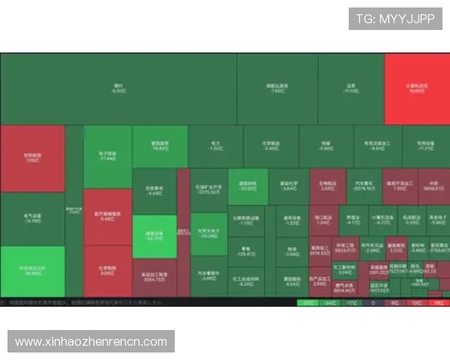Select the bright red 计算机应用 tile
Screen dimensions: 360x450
416,88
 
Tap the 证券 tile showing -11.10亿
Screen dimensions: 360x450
350,88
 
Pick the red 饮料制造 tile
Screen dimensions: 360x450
32,158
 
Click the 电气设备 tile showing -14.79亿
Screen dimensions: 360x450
32,219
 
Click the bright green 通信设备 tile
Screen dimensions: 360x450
154,236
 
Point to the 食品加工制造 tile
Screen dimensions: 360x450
154,277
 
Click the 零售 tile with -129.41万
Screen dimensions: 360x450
245,252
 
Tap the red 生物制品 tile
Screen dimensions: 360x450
327,186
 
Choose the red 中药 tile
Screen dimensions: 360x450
433,186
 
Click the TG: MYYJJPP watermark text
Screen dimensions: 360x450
395,19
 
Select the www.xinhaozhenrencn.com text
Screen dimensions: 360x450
91,342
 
